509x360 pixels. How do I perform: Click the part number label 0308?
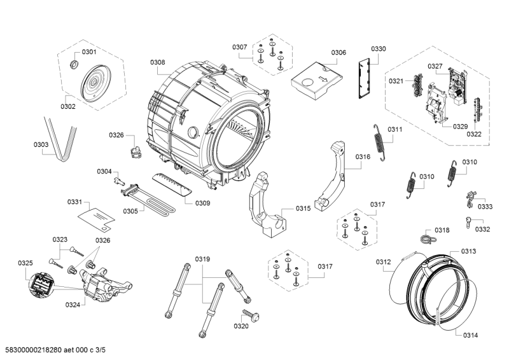click(158, 62)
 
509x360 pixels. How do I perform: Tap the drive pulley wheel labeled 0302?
click(95, 83)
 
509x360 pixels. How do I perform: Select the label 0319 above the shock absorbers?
click(202, 259)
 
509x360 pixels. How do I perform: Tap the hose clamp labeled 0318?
click(425, 239)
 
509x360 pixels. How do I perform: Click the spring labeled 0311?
click(380, 143)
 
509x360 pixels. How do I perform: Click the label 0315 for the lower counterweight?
click(303, 209)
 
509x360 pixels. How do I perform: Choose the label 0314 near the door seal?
click(471, 335)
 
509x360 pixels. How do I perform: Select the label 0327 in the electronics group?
click(435, 66)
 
